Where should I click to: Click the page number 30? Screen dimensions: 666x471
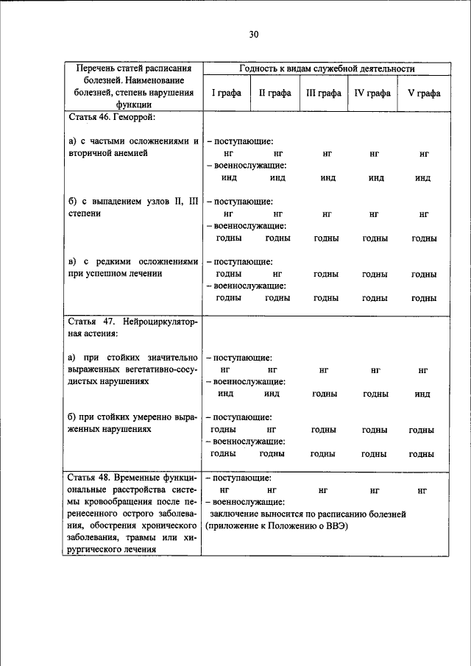254,35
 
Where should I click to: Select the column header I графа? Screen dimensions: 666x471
224,93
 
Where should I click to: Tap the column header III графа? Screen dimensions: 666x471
323,93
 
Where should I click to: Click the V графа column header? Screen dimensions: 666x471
424,93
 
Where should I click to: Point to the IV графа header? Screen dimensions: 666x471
372,93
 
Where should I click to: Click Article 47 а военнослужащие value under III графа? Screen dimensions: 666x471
325,394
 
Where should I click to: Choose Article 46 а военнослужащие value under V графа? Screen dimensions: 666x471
422,178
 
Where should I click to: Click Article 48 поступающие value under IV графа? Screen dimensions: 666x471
375,489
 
